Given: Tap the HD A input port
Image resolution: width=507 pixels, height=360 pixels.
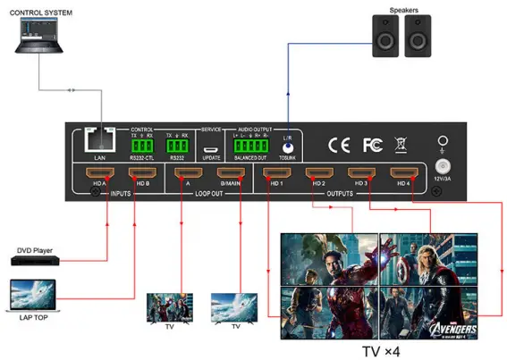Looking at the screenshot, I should (97, 174).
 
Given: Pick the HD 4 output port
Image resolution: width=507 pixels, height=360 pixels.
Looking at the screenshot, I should (400, 174).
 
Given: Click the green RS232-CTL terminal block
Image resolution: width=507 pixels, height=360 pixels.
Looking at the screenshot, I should (143, 144).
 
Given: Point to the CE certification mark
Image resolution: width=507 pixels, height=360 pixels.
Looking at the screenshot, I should (340, 144).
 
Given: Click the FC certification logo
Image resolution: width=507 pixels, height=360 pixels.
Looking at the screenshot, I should (371, 144).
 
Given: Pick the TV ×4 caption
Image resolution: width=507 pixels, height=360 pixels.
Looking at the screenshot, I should (381, 348).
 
